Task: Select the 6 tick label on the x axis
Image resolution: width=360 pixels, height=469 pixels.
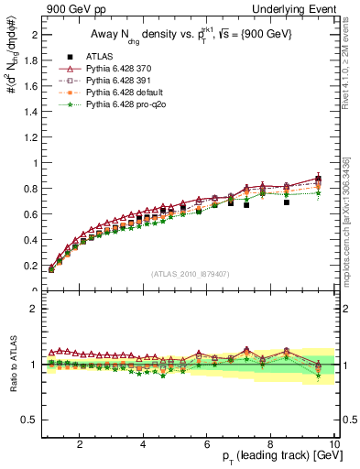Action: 207,444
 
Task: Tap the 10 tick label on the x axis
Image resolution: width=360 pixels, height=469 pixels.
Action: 333,444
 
